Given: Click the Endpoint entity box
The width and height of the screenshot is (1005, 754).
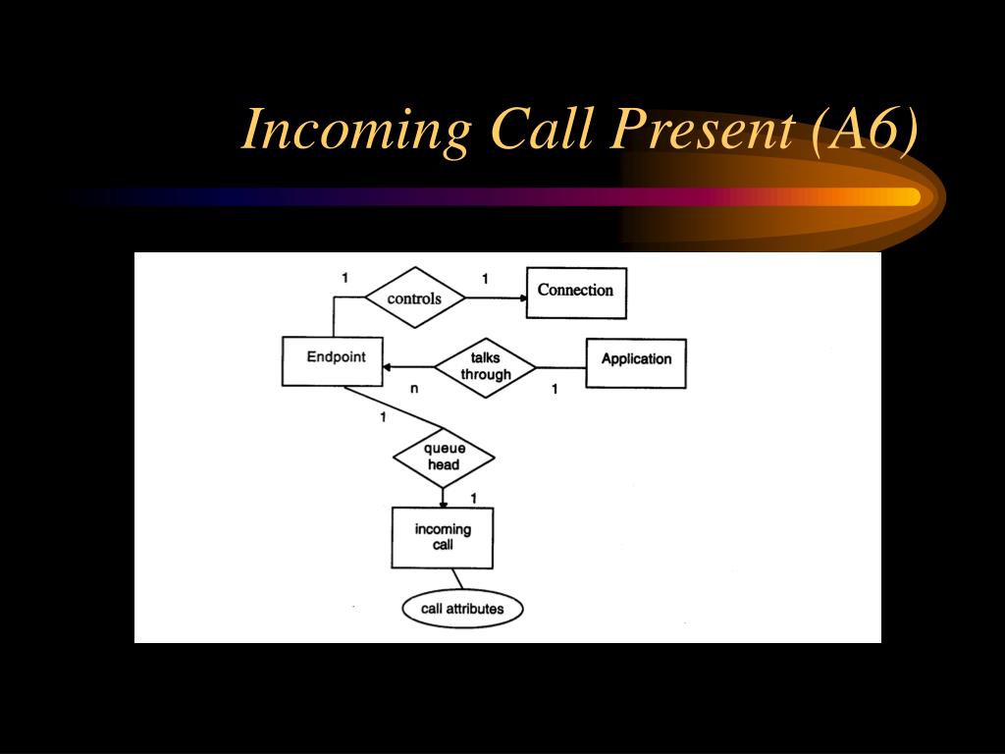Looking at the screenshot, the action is (x=332, y=361).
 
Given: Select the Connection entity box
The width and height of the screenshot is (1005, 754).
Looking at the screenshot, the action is (x=576, y=293).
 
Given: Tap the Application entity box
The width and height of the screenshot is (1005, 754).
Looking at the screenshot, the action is (x=636, y=363).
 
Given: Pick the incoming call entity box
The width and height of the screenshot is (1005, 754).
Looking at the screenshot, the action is (x=443, y=538).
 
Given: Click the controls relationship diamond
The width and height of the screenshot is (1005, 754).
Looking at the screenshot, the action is (x=415, y=297).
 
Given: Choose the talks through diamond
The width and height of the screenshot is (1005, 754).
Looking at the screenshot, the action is (x=485, y=367).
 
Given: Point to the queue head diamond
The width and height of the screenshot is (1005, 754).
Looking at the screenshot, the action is (x=444, y=458).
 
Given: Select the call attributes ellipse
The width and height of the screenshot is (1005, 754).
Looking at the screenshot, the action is (x=463, y=609).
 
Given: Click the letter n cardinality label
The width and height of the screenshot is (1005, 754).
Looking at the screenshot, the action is (x=414, y=389).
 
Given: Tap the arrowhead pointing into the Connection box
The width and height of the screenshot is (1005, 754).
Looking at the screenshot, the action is (x=523, y=298).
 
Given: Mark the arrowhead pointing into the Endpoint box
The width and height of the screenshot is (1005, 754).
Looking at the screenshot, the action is (x=387, y=367).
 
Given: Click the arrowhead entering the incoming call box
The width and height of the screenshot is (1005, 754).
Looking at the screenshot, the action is (x=443, y=505).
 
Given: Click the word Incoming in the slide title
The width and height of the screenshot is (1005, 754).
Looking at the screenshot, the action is (x=356, y=131).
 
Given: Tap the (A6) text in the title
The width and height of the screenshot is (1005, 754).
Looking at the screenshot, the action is (x=865, y=131).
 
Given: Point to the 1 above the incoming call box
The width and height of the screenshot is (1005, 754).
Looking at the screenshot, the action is (x=474, y=498).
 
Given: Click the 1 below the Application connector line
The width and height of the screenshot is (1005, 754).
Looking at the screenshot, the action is (x=555, y=389).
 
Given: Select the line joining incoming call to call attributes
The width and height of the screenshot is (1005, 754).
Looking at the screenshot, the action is (x=457, y=579).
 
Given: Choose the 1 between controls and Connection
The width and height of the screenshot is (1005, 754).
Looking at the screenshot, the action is (x=485, y=279).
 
